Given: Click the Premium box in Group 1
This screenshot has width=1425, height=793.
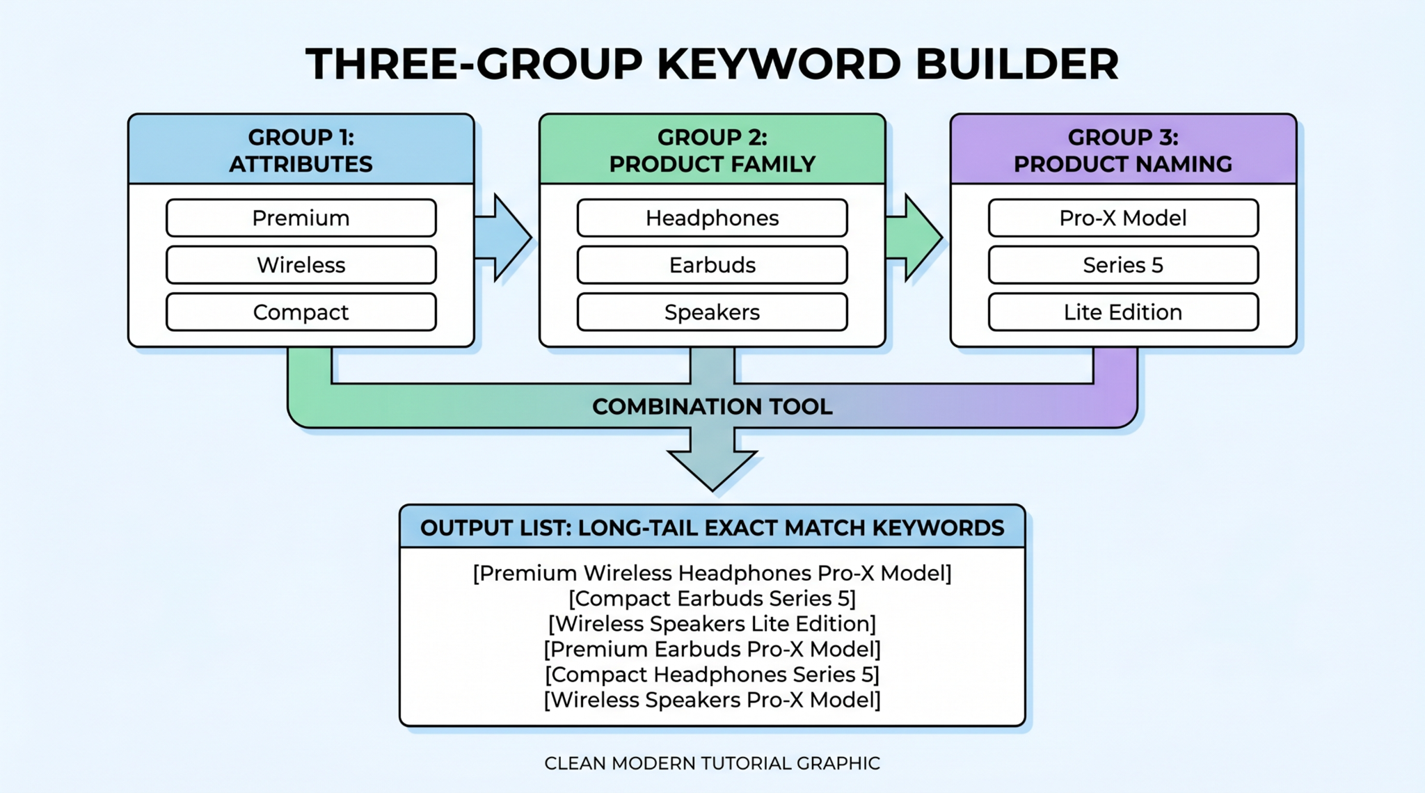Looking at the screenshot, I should coord(301,218).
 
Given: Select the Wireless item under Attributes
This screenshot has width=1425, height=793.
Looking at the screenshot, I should coord(301,265).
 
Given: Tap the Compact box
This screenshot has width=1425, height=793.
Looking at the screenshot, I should coord(301,312).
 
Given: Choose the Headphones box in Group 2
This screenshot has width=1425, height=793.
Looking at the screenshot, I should coord(712,218).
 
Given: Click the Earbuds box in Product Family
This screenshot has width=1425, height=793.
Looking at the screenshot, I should coord(712,265).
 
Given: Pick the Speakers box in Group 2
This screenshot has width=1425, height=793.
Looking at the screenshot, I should coord(712,312).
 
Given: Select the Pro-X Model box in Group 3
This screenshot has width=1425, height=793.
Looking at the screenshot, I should coord(1122,218).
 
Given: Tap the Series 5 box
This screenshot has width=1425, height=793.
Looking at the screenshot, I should coord(1122,265).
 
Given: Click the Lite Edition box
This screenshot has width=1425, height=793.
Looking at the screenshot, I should coord(1122,312).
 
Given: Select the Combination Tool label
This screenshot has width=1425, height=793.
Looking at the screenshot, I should coord(712,407).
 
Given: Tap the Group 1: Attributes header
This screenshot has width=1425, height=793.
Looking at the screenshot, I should coord(301,150).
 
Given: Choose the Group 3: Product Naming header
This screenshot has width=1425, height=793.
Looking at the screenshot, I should coord(1122,150).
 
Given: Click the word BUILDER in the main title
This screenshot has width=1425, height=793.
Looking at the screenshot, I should coord(1016,64).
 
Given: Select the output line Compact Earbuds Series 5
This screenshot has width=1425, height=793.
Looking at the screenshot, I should coord(712,599).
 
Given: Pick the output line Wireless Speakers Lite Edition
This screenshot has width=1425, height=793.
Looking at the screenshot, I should coord(712,624).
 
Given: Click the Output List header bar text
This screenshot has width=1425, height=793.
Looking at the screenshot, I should coord(712,528).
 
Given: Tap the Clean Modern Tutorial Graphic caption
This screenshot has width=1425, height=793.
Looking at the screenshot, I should coord(712,764).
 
